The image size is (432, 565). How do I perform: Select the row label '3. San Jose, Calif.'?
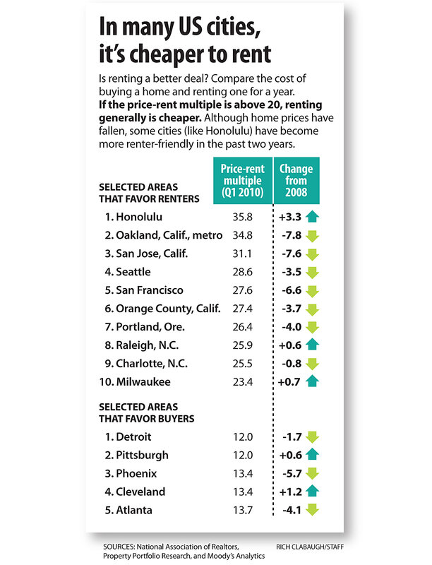point(139,253)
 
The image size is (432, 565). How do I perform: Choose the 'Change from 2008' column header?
point(296,180)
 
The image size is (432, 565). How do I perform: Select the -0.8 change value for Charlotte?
point(291,364)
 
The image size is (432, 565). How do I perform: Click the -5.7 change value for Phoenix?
point(291,474)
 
